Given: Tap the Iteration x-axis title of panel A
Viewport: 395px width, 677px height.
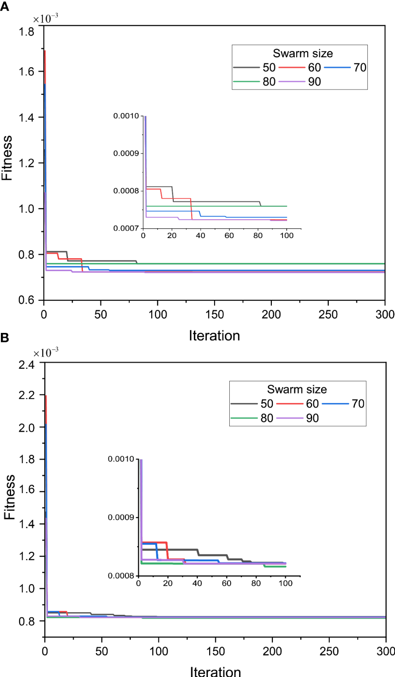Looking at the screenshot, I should (215, 335).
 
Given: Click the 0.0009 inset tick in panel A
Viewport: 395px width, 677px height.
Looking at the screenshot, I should (128, 153).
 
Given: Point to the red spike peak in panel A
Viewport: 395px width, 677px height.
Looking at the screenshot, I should (45, 51).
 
